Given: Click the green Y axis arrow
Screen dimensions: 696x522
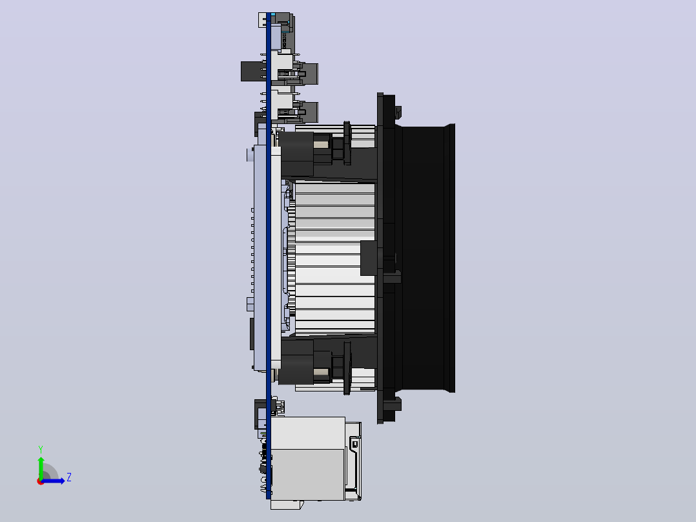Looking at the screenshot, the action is coord(41,467).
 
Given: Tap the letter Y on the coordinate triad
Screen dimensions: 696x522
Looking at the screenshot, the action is coord(41,450).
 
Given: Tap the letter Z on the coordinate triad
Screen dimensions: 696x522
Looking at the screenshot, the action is coord(69,477).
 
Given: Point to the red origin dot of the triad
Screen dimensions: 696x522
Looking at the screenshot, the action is coord(40,481).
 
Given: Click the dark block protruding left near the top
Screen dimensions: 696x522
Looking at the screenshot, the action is coord(254,72).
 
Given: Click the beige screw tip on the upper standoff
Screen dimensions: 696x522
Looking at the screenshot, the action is coord(321,144).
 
